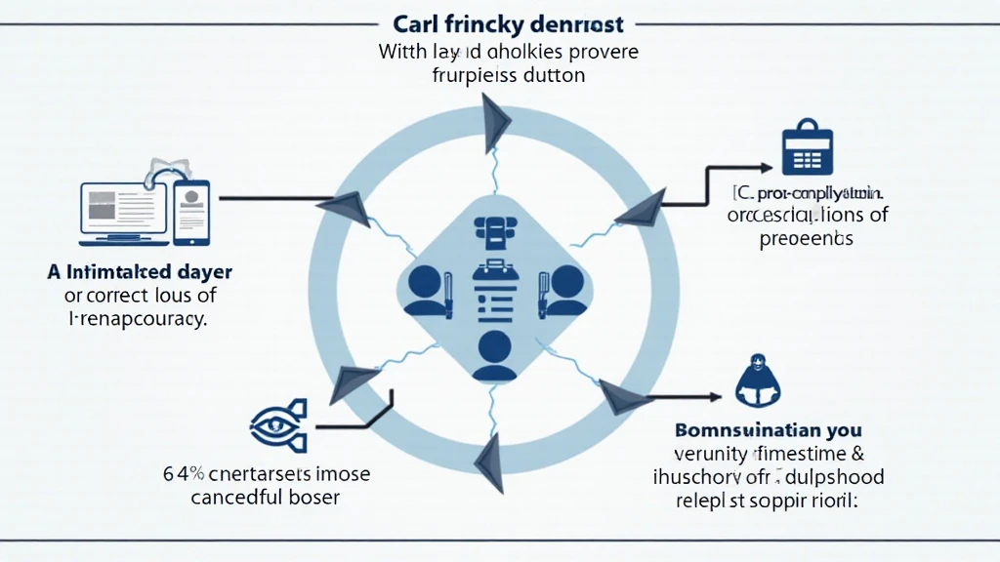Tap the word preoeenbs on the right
[x=806, y=238]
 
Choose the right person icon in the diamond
[x=563, y=290]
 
